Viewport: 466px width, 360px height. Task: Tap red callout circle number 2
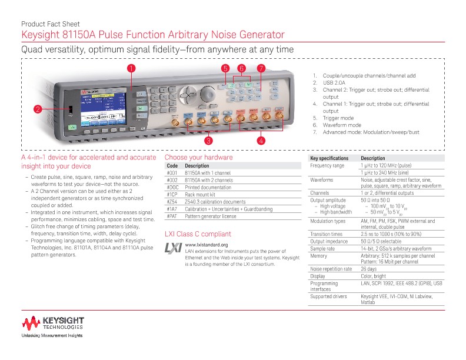coord(36,109)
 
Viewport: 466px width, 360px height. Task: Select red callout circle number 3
coord(208,141)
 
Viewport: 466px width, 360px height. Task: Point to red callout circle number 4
coord(261,141)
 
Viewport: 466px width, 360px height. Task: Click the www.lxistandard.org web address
coord(206,245)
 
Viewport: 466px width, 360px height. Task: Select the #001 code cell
coord(172,173)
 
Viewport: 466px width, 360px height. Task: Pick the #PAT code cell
coord(172,216)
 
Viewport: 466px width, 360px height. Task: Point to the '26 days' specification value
coord(369,268)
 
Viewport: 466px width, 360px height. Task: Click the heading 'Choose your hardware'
coord(198,158)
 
